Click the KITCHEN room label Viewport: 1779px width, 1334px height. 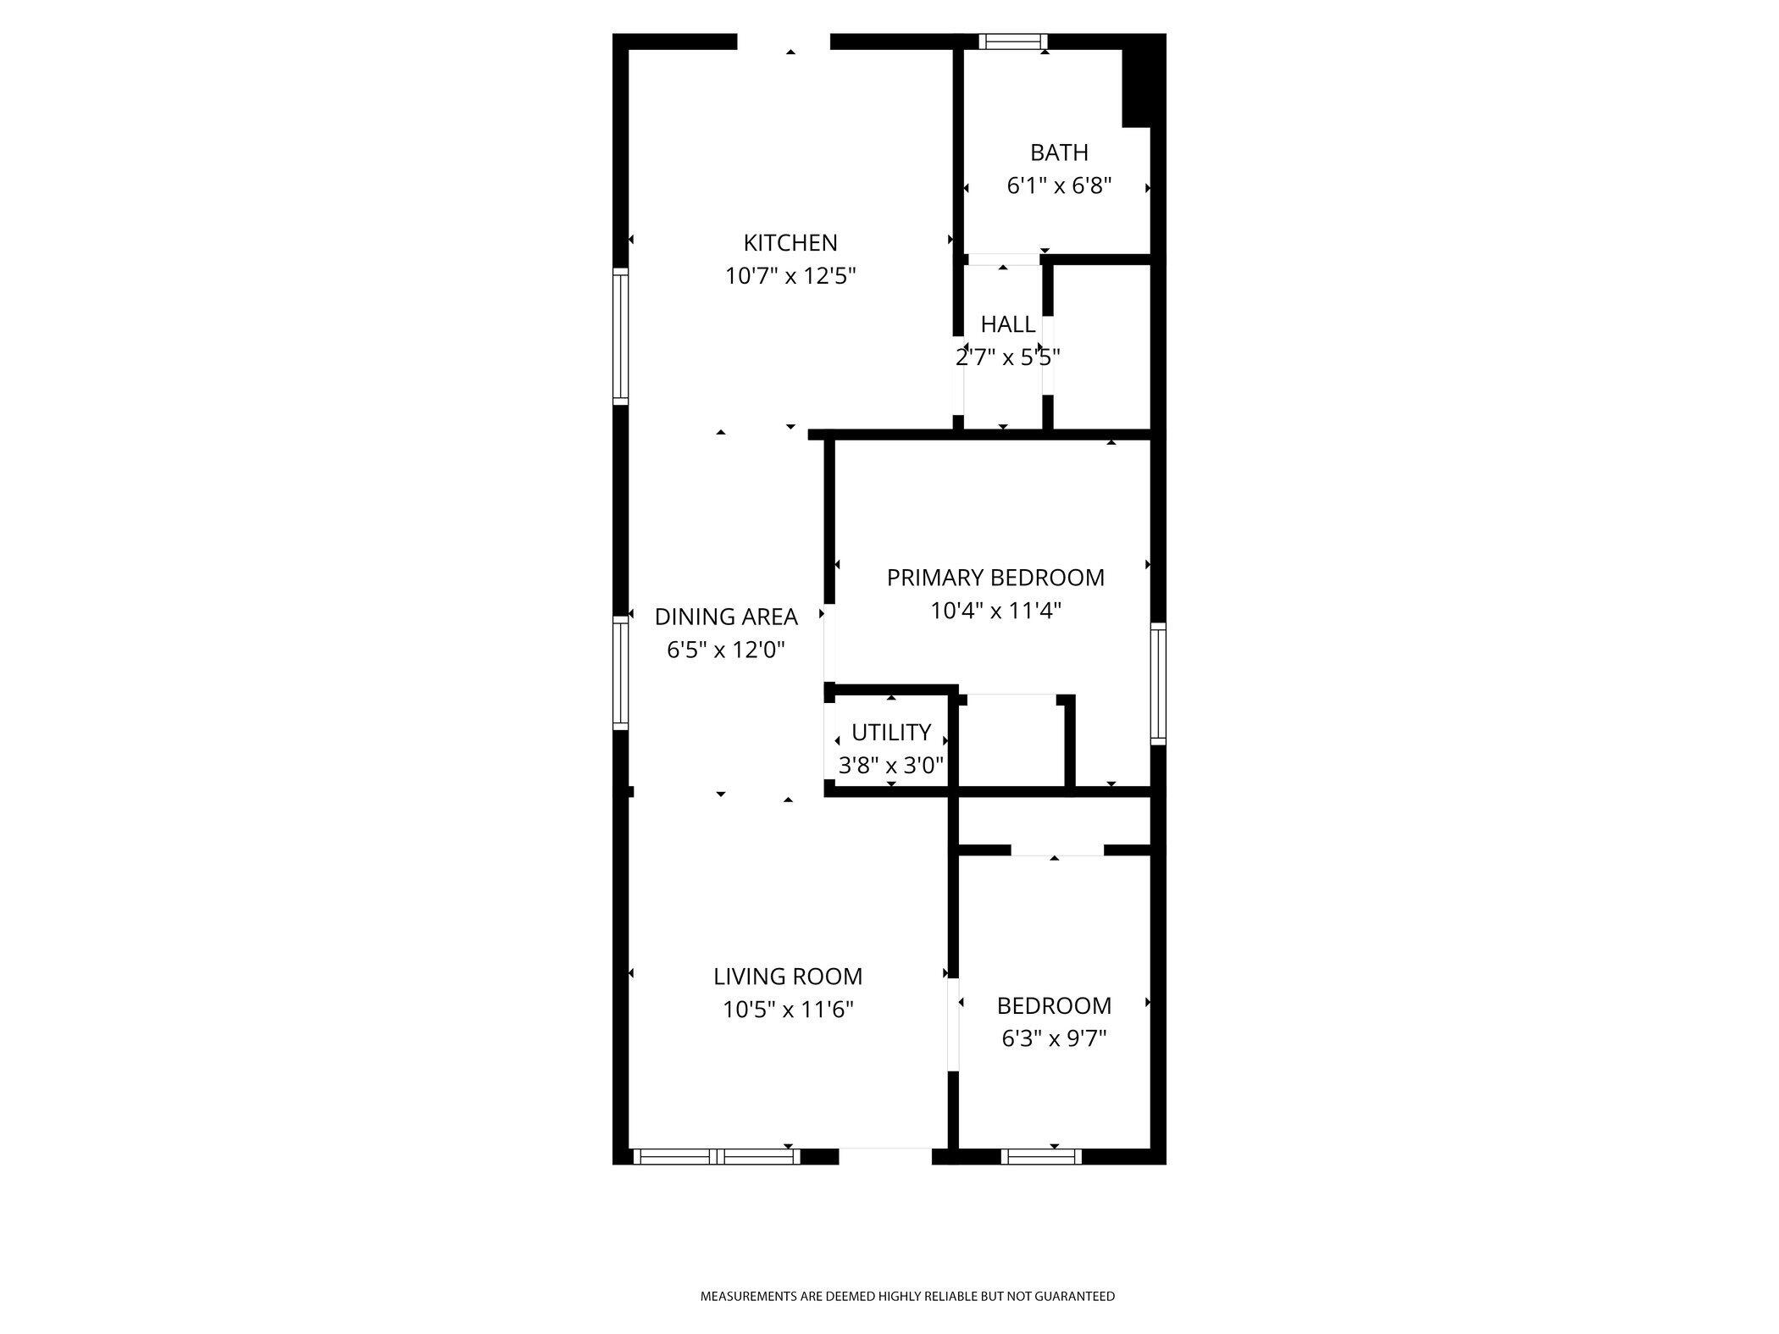click(790, 243)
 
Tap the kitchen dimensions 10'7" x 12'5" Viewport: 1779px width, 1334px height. click(790, 276)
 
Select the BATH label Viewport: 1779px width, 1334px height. click(1059, 152)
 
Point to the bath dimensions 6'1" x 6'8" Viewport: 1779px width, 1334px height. click(1059, 185)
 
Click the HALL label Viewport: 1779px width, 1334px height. click(1007, 324)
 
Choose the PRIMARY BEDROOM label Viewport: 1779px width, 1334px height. click(995, 578)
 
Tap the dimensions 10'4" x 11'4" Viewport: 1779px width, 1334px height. click(995, 611)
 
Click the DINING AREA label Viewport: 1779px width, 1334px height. click(726, 617)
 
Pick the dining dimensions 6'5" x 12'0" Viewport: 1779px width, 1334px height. click(726, 650)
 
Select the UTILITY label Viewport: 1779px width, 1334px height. click(891, 732)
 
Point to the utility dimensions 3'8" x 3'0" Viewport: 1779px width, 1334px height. click(891, 766)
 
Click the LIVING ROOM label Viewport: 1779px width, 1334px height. click(788, 977)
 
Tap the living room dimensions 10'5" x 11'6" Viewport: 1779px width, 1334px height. click(788, 1010)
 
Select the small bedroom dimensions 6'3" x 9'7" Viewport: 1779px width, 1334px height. click(1055, 1038)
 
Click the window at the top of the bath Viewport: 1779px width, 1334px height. click(1012, 42)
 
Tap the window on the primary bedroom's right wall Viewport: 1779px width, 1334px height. click(1157, 684)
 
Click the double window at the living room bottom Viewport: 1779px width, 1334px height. click(717, 1156)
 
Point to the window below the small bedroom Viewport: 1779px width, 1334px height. click(1041, 1156)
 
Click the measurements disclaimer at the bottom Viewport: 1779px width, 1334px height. click(907, 1296)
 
